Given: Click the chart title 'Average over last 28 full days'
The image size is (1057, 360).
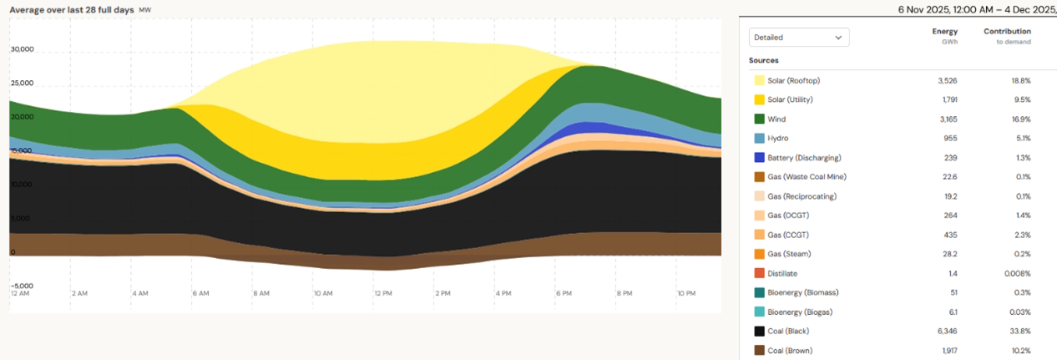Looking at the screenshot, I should click(71, 10).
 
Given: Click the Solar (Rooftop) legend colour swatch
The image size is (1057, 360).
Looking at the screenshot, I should click(760, 81).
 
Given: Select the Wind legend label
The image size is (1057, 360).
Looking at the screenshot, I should click(778, 119).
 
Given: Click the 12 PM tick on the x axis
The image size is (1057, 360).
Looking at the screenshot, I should click(383, 294).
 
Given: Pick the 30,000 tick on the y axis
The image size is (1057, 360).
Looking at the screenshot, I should click(22, 49).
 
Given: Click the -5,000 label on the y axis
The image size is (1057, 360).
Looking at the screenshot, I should click(22, 286).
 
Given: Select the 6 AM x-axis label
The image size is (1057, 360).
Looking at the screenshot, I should click(200, 294).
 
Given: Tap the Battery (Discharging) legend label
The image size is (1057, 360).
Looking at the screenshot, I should click(804, 158).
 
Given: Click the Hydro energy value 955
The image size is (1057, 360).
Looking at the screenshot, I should click(949, 139).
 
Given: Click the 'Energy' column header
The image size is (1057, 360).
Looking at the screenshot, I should click(945, 32).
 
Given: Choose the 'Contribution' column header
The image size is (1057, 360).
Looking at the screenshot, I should click(1007, 32).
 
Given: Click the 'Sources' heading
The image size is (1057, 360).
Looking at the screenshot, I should click(764, 61).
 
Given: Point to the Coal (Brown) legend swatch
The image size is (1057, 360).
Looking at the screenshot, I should click(760, 351).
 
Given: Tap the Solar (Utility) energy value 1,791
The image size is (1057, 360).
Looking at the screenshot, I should click(946, 100).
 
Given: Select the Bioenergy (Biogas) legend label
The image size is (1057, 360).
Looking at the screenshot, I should click(800, 312).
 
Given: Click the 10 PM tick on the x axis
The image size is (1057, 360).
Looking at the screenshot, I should click(687, 294).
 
